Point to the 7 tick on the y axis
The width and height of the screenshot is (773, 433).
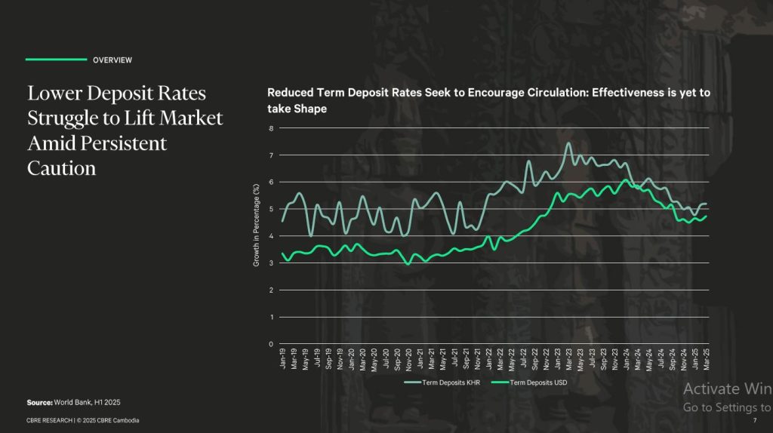point(272,155)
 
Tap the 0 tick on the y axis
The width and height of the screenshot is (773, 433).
point(272,344)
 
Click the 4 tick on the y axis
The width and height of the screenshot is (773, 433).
point(272,236)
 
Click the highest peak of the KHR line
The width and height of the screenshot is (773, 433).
point(568,143)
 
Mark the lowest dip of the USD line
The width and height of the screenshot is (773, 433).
point(408,264)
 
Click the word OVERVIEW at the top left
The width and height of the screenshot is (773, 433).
point(112,60)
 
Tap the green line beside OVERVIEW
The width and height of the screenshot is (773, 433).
point(56,59)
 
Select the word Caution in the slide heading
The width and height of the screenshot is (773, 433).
point(62,167)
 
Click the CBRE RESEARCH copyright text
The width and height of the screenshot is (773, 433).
point(83,420)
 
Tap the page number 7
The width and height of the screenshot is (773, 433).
point(754,420)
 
